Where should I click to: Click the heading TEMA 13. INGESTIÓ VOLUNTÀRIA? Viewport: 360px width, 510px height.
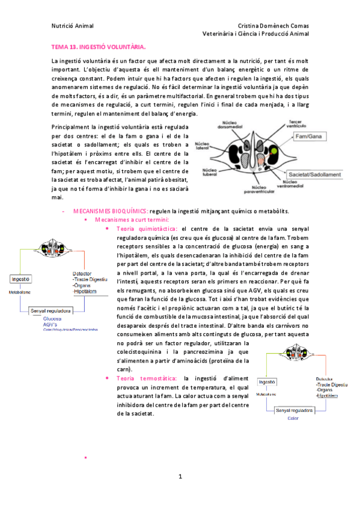coord(98,47)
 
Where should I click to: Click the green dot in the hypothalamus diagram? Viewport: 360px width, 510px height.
coord(275,150)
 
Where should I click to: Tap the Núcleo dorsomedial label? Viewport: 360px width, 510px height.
coord(231,124)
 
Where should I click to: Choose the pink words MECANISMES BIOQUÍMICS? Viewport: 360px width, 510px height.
coord(111,211)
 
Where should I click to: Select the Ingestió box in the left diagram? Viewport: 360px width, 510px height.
coord(21,280)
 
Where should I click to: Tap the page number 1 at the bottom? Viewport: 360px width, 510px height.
coord(179,477)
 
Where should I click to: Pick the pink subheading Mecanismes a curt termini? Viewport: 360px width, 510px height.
coord(120,220)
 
